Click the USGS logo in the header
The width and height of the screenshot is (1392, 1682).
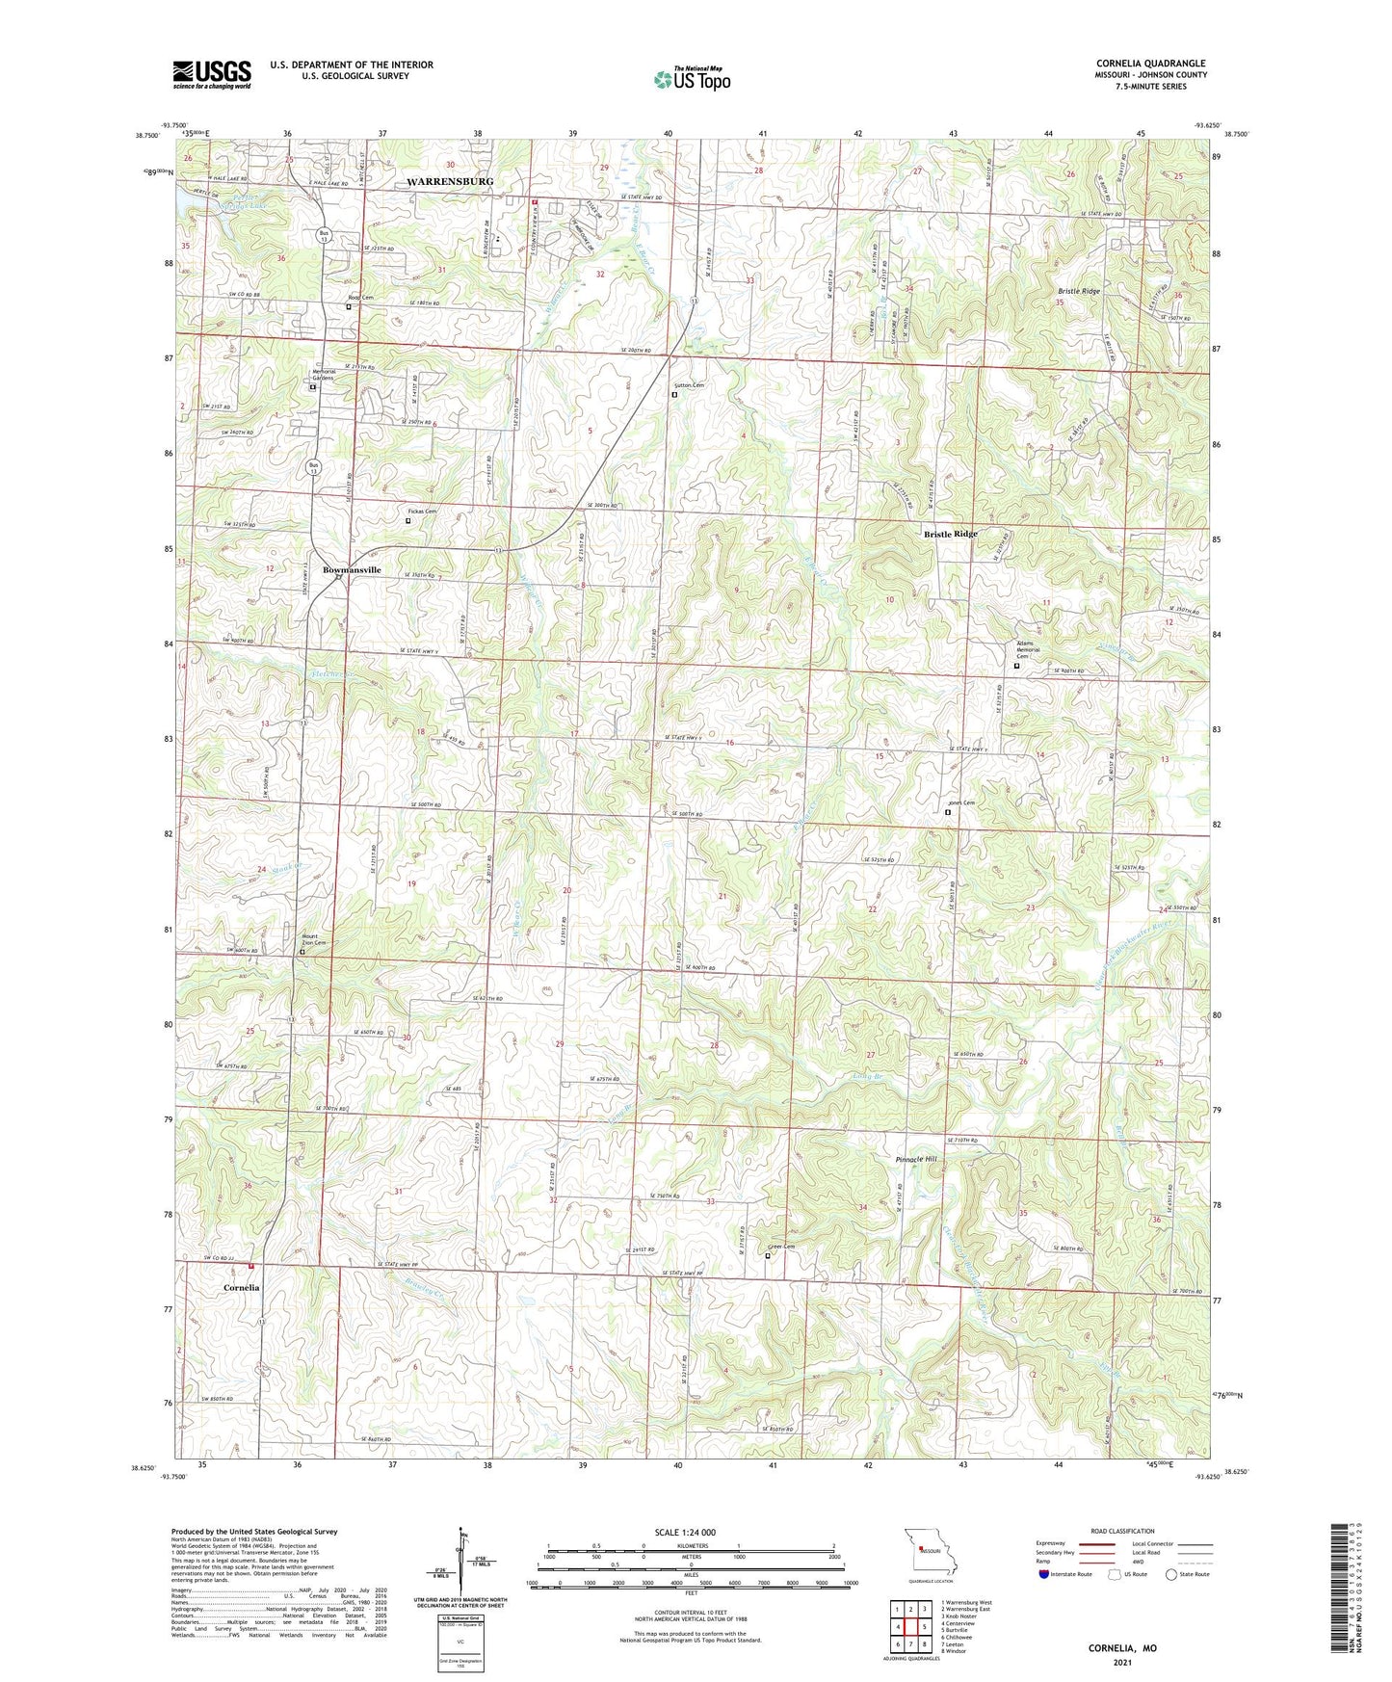212,74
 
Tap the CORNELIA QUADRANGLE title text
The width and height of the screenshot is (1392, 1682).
1150,64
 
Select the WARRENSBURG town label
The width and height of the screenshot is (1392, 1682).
449,181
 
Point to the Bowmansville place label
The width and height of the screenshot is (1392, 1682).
352,569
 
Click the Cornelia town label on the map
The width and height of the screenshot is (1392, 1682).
242,1287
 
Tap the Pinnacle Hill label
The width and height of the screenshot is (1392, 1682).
915,1159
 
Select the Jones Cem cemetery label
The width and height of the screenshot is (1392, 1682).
961,802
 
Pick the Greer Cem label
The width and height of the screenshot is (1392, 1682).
780,1247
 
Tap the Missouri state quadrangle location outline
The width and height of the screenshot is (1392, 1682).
930,1554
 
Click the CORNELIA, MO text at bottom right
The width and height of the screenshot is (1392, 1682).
1122,1648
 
